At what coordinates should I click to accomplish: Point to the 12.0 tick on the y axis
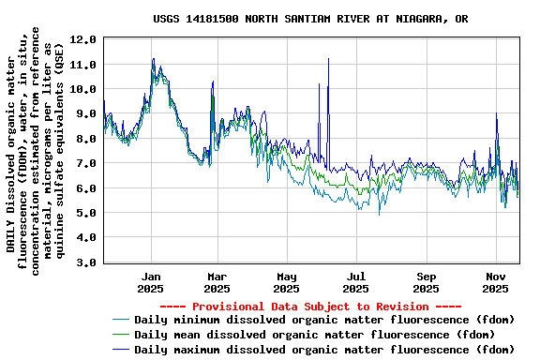[x=82, y=39]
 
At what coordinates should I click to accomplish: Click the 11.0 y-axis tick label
[x=82, y=64]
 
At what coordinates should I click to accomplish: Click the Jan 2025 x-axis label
[x=151, y=282]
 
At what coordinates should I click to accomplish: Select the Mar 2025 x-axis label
[x=217, y=282]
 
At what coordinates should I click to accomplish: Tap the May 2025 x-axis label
[x=287, y=282]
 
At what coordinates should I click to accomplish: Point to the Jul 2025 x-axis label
[x=356, y=282]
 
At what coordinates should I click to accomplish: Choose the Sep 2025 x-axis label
[x=427, y=282]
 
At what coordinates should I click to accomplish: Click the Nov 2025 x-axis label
[x=496, y=282]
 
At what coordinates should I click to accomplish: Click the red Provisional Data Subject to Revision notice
[x=310, y=307]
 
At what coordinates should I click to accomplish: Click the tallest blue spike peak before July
[x=328, y=59]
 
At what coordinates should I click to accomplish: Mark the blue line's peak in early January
[x=153, y=59]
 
